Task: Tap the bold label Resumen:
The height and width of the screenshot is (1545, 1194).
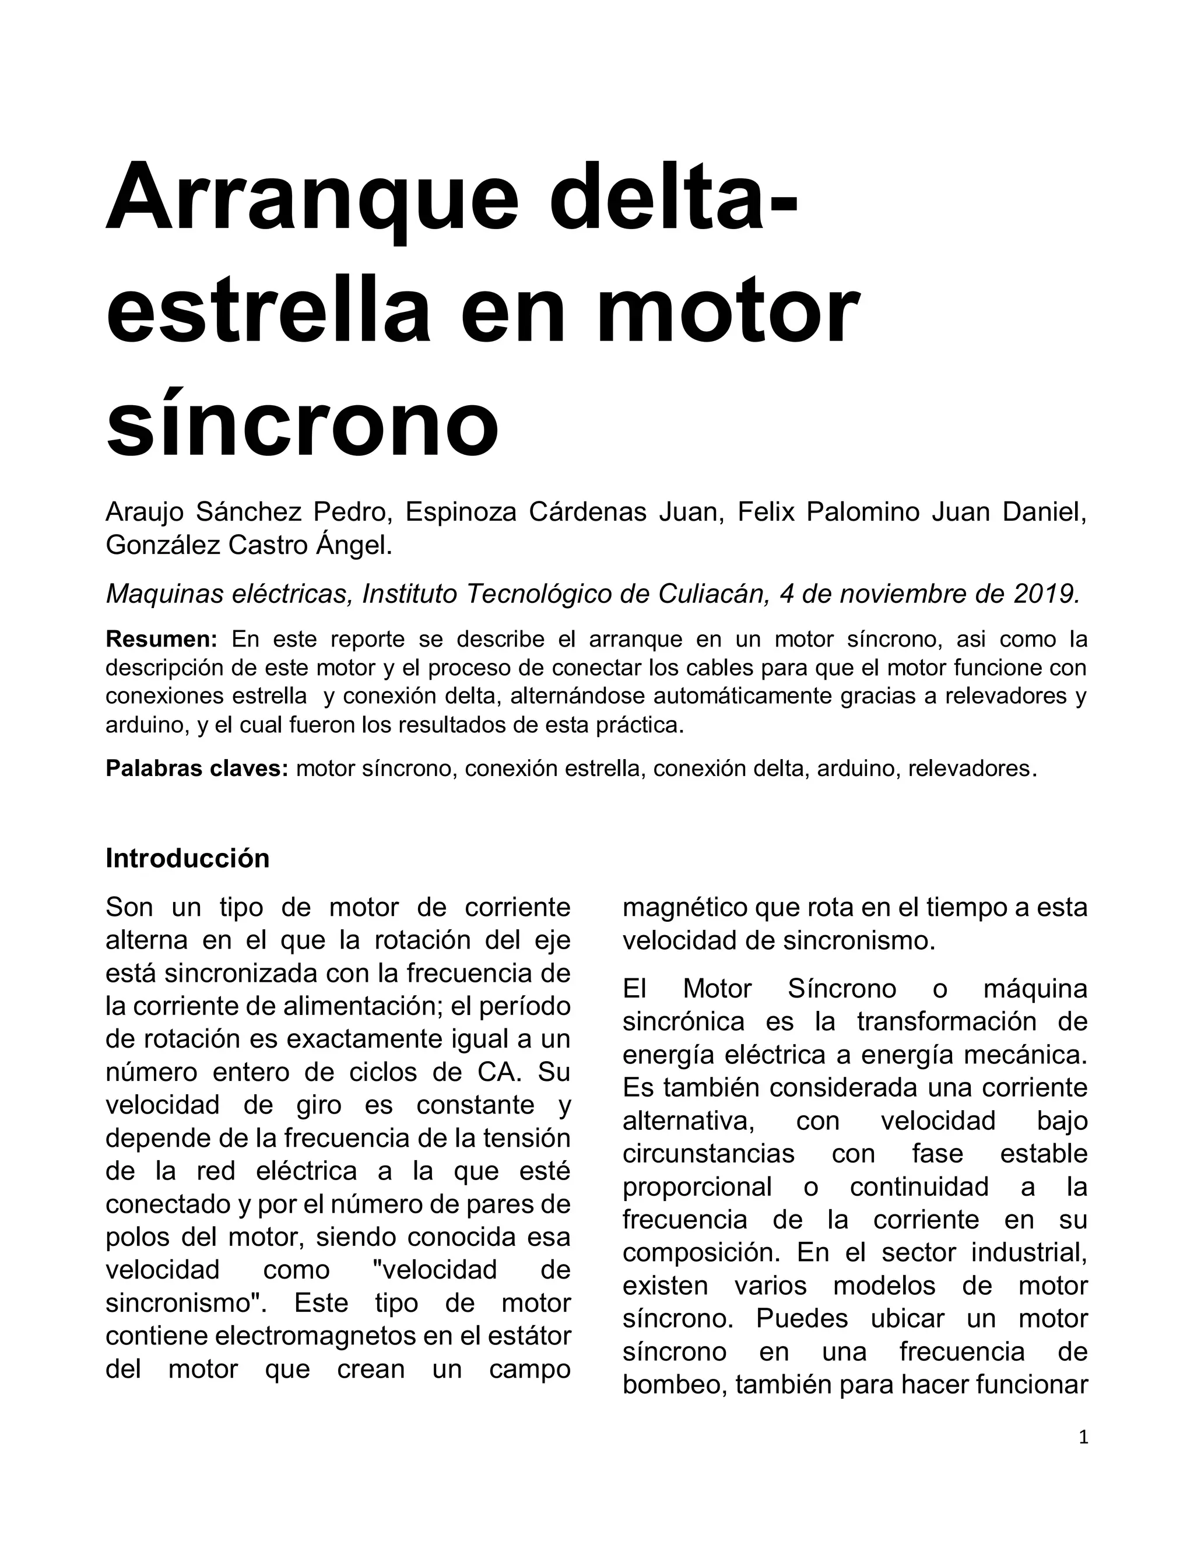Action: click(x=161, y=640)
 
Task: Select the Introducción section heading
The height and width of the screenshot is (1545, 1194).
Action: click(x=188, y=859)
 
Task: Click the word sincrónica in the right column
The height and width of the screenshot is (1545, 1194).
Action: click(x=683, y=1021)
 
